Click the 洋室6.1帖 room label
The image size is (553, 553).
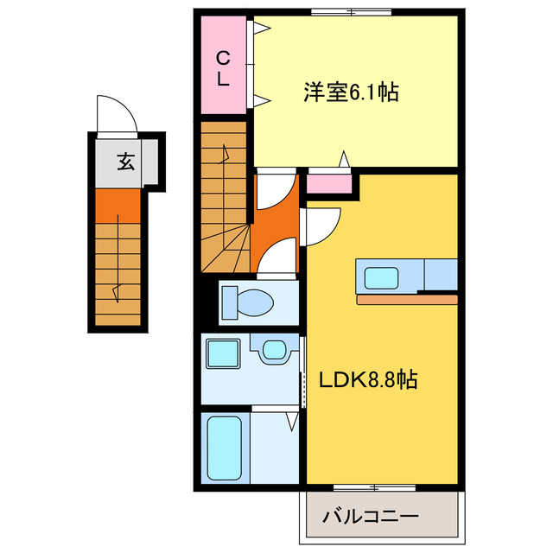coord(350,92)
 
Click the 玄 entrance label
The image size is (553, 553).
coord(126,161)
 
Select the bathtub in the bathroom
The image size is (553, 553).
coord(225,448)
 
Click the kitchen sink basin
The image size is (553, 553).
coord(381,277)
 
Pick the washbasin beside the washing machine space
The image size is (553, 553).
coord(273,351)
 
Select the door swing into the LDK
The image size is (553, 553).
coord(323,226)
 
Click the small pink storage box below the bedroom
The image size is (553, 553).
coord(329,183)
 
